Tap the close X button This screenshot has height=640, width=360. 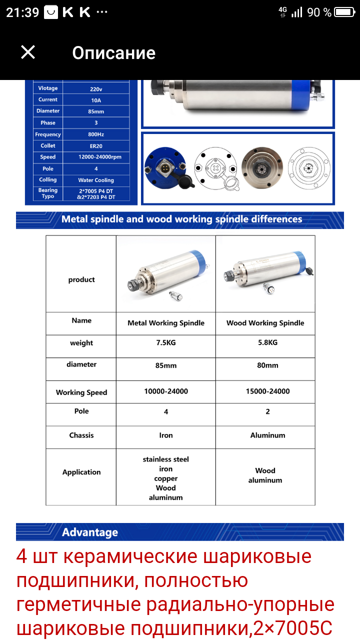click(x=28, y=52)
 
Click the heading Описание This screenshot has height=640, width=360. click(x=113, y=53)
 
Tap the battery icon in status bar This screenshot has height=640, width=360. click(x=344, y=12)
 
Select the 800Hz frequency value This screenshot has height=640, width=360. click(x=96, y=134)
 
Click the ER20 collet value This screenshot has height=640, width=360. click(x=96, y=146)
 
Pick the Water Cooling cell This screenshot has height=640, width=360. click(x=96, y=180)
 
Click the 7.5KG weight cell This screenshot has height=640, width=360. click(x=166, y=342)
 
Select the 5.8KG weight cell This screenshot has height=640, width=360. click(x=267, y=342)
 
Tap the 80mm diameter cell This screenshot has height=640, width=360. click(x=267, y=365)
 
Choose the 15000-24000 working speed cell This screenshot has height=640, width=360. click(x=267, y=391)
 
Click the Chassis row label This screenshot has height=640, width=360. click(x=81, y=435)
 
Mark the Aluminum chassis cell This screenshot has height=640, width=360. click(x=267, y=435)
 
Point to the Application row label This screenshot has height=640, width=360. click(x=81, y=472)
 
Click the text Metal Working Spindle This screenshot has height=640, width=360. click(x=166, y=323)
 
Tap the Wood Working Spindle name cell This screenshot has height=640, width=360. click(x=265, y=323)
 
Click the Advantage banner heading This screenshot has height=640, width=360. click(x=90, y=532)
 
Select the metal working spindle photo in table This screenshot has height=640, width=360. click(x=166, y=274)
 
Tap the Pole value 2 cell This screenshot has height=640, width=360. click(x=267, y=411)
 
